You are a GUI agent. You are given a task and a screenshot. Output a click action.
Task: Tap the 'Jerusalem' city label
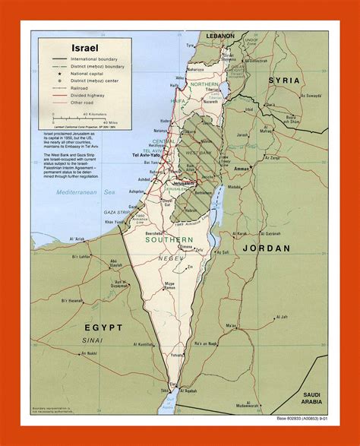pyautogui.click(x=178, y=183)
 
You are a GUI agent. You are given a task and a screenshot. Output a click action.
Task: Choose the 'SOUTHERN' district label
pyautogui.click(x=170, y=242)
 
